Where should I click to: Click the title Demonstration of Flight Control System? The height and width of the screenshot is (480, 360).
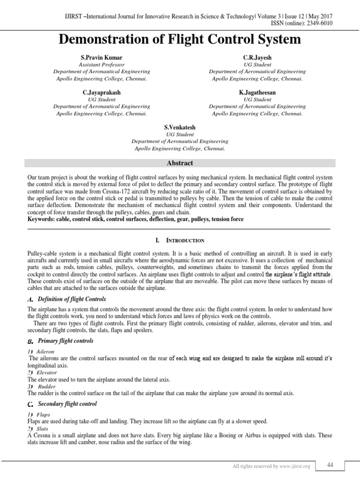pyautogui.click(x=180, y=40)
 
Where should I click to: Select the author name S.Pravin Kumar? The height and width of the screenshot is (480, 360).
pyautogui.click(x=102, y=58)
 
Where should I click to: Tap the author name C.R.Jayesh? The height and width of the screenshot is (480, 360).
pyautogui.click(x=257, y=58)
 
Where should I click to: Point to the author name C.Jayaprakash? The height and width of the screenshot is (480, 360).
pyautogui.click(x=102, y=93)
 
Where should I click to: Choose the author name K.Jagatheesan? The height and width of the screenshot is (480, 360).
pyautogui.click(x=257, y=93)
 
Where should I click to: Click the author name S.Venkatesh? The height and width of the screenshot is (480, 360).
pyautogui.click(x=180, y=127)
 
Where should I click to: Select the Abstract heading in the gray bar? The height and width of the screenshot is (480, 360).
pyautogui.click(x=180, y=163)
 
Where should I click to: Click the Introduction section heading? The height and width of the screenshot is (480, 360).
pyautogui.click(x=185, y=240)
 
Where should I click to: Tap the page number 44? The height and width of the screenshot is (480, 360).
pyautogui.click(x=330, y=464)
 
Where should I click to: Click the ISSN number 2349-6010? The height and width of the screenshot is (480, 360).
pyautogui.click(x=320, y=23)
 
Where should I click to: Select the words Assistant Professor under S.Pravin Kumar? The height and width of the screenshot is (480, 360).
pyautogui.click(x=102, y=65)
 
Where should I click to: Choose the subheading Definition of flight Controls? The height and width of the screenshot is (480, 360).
pyautogui.click(x=72, y=299)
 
